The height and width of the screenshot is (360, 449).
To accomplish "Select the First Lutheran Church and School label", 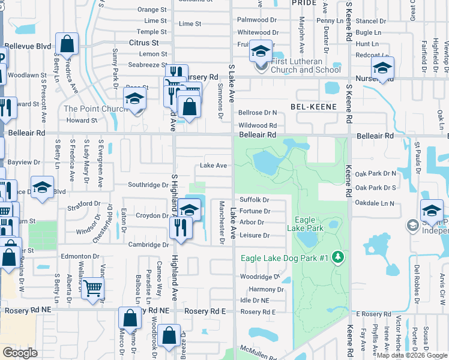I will (306, 65).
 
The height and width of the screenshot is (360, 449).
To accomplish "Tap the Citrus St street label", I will (143, 43).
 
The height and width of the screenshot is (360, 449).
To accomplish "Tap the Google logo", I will (20, 352).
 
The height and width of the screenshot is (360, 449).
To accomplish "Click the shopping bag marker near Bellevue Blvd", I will (67, 44).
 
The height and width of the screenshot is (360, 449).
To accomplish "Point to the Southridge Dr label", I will (148, 185).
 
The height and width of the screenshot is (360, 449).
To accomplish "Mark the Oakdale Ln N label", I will (375, 203).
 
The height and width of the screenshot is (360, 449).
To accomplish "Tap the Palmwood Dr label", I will (257, 20).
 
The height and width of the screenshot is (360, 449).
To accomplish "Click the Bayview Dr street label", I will (24, 162).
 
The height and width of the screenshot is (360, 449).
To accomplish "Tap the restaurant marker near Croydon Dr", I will (179, 227).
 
